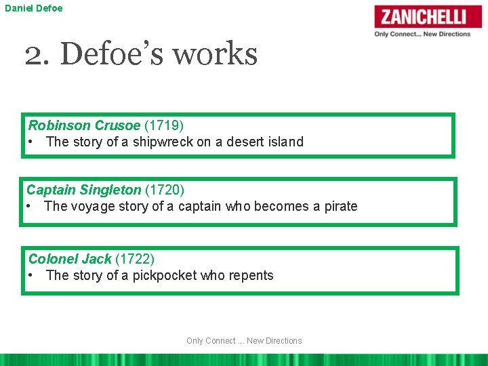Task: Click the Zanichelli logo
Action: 428,16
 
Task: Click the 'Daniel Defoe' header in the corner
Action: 34,8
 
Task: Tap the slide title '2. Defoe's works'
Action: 141,54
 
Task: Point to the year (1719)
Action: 164,125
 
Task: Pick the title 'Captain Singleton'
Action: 83,190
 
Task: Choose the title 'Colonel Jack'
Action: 70,259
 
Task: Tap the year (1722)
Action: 135,259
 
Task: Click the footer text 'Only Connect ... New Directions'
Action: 244,341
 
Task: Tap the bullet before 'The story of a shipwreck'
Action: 32,142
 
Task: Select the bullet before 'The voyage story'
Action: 30,206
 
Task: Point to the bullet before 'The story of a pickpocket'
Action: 32,275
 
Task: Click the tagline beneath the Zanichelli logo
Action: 422,34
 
